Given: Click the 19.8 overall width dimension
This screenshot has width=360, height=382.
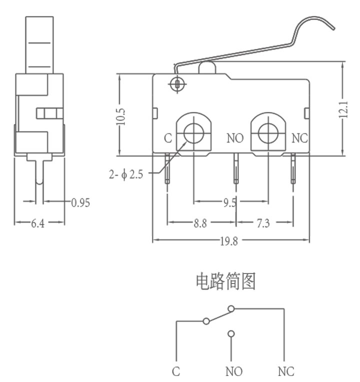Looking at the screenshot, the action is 229,241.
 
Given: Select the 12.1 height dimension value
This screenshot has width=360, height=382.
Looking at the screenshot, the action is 343,109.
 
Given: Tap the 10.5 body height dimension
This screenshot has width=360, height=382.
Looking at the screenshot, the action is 120,116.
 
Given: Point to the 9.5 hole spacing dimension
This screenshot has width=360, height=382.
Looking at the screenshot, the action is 230,202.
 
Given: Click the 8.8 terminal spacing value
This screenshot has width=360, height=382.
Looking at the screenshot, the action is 200,223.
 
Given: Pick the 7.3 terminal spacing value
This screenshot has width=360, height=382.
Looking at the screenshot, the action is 263,223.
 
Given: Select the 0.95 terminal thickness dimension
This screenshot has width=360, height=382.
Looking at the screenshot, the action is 80,202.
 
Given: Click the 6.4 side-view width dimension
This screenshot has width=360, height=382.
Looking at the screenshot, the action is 38,223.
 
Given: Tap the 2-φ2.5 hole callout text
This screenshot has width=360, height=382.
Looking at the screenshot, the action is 126,174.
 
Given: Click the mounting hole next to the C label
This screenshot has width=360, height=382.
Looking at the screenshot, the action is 194,133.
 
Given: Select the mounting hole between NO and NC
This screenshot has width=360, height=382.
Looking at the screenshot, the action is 268,133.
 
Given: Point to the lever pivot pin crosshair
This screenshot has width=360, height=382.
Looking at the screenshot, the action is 177,84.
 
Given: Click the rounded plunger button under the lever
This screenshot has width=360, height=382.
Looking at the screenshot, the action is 207,67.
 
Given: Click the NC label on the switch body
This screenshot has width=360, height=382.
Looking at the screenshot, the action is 300,138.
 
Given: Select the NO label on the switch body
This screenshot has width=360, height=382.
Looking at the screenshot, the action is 235,138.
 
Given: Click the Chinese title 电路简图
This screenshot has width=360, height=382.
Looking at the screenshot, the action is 226,281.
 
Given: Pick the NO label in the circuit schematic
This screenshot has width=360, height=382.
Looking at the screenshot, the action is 234,371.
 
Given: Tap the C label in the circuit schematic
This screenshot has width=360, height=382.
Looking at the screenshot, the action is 176,371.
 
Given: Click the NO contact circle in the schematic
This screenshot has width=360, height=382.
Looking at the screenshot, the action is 231,333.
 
